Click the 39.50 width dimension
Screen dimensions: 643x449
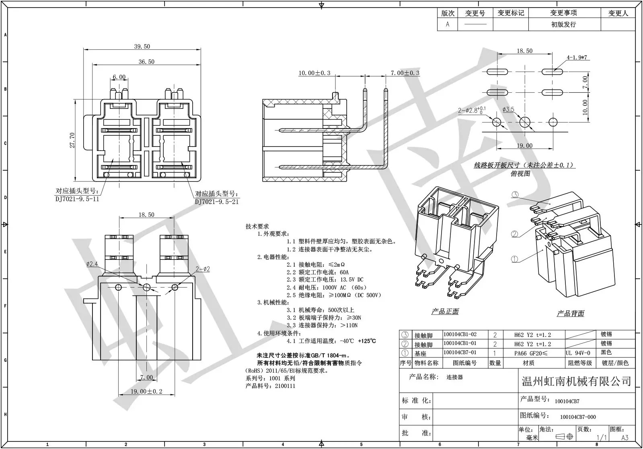tap(142, 47)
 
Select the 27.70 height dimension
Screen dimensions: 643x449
tap(72, 140)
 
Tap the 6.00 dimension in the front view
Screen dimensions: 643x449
tap(119, 77)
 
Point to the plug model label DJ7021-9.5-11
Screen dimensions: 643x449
tap(77, 199)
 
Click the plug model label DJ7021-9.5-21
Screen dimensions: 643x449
tap(217, 202)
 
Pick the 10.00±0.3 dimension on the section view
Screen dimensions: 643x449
tap(314, 73)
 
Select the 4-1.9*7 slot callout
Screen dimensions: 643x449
tap(577, 57)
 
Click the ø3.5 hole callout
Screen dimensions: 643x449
tap(508, 110)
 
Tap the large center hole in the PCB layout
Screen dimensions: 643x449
tap(525, 122)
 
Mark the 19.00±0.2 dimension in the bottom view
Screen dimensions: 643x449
tap(146, 392)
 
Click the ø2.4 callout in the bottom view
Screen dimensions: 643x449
tap(92, 264)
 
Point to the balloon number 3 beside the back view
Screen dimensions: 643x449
tap(515, 195)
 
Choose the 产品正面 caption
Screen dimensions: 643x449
tap(445, 312)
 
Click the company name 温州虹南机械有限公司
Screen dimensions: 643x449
tap(576, 382)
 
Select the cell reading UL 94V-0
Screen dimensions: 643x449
tap(578, 353)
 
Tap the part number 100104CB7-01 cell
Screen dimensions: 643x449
tap(460, 352)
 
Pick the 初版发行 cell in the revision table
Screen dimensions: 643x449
tap(563, 24)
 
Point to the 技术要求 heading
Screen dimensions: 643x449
tap(257, 227)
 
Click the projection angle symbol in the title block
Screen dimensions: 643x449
tap(564, 437)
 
